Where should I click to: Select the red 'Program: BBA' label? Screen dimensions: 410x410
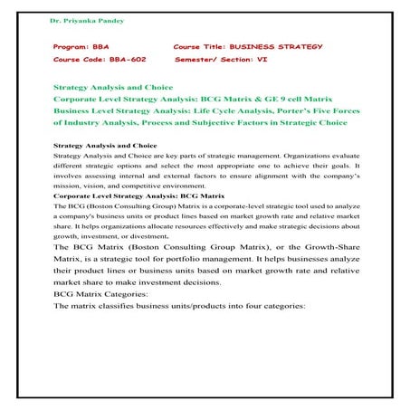(82, 44)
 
